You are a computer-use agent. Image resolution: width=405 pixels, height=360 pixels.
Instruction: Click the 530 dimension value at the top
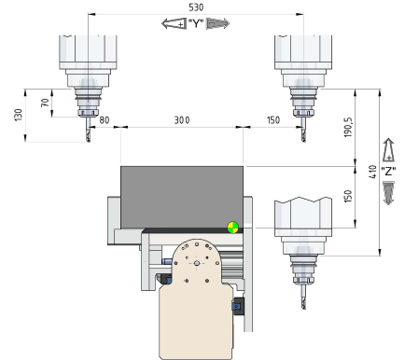click(x=196, y=7)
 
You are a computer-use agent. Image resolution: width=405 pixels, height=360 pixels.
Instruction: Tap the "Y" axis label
click(x=196, y=23)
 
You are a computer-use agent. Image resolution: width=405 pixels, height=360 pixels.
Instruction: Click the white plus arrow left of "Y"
click(x=175, y=23)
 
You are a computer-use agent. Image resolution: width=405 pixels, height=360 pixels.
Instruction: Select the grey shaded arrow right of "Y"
click(x=217, y=23)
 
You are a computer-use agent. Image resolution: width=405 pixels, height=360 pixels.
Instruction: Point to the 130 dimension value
click(x=19, y=115)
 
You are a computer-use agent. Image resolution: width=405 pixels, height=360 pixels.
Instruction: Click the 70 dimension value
click(x=45, y=103)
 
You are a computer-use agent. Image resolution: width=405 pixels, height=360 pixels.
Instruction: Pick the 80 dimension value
click(x=105, y=120)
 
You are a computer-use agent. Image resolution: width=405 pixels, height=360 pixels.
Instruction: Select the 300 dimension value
click(x=182, y=120)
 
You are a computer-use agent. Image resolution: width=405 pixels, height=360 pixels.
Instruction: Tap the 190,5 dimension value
click(x=347, y=128)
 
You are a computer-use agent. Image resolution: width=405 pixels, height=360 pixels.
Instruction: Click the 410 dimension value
click(x=372, y=172)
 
